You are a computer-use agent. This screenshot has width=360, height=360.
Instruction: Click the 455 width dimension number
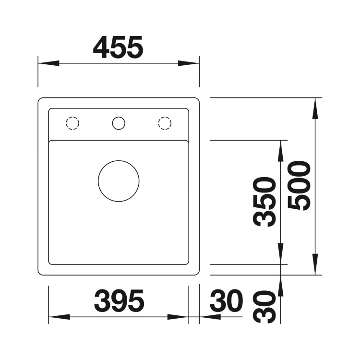(118, 47)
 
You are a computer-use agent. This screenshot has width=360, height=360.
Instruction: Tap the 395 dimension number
(119, 301)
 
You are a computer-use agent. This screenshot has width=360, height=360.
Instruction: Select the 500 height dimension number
(299, 185)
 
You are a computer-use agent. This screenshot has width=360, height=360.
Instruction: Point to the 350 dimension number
(264, 202)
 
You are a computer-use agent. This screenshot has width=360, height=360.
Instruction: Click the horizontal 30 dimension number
(227, 301)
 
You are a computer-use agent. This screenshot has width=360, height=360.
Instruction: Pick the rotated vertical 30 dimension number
(264, 307)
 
